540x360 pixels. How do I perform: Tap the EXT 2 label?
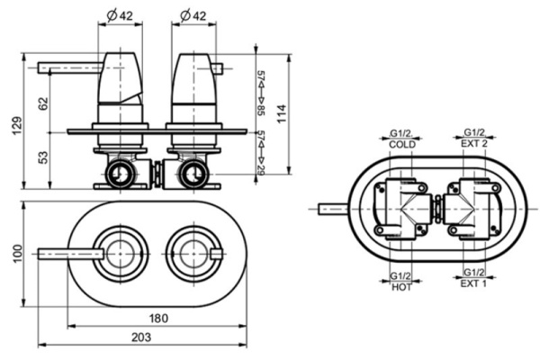coord(474,143)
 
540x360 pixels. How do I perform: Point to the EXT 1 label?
coord(474,283)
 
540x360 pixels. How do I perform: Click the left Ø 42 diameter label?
coord(120,16)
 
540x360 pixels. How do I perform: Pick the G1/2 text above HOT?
coord(400,274)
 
